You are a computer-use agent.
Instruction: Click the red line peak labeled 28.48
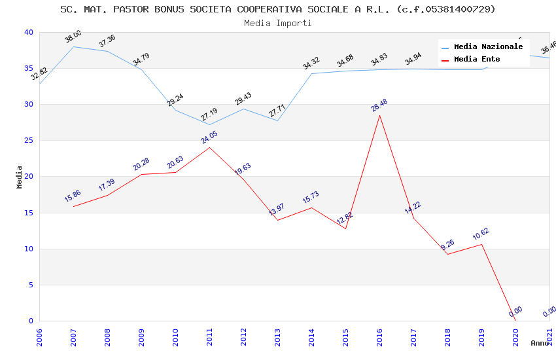[379, 115]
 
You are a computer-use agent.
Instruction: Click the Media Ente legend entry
[477, 60]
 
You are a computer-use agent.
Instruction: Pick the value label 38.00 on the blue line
[73, 37]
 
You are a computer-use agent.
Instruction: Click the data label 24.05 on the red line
[209, 137]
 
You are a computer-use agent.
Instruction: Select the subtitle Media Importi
[277, 24]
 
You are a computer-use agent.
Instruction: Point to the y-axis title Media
[20, 177]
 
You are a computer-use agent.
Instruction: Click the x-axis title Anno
[540, 343]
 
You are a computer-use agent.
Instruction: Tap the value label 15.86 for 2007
[73, 196]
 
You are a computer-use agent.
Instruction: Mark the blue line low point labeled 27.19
[209, 124]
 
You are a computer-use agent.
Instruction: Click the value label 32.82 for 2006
[39, 73]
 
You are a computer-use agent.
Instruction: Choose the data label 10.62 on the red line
[481, 234]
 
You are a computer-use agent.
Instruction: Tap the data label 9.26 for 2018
[447, 245]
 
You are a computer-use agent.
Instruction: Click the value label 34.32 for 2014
[311, 63]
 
